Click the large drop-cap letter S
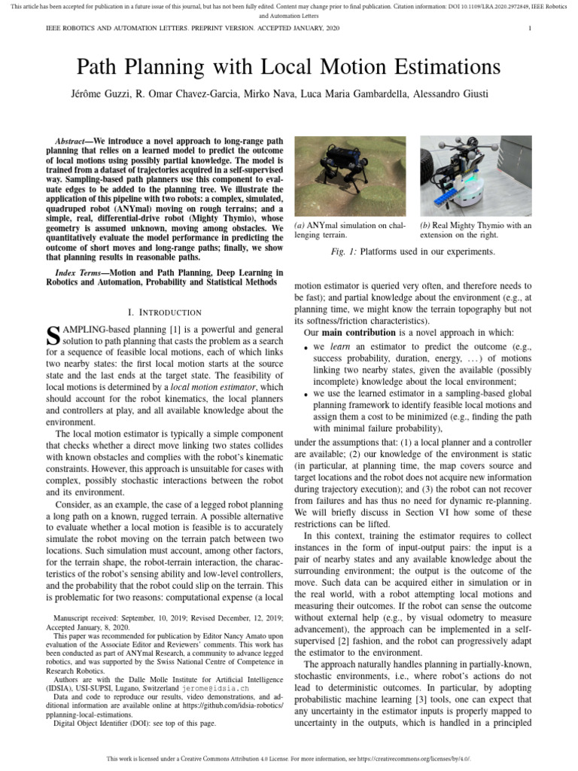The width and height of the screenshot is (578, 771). pyautogui.click(x=53, y=335)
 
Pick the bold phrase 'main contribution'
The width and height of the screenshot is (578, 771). pyautogui.click(x=359, y=332)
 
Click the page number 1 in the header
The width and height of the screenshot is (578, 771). pyautogui.click(x=531, y=29)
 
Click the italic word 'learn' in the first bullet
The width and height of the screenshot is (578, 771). pyautogui.click(x=336, y=348)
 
